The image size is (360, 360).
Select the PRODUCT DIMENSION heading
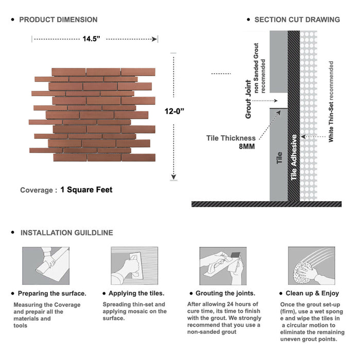coord(58,20)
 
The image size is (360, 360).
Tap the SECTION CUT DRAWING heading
coord(297,20)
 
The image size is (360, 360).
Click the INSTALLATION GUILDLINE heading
coord(66,232)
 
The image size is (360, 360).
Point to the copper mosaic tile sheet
coord(93,114)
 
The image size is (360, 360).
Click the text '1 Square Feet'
coord(86,190)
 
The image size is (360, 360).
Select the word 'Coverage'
coord(36,190)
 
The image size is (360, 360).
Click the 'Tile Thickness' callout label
coord(231,138)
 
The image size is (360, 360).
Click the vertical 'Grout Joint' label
coord(248,99)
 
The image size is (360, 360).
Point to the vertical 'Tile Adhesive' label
coord(294,157)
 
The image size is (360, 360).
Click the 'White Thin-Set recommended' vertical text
coord(331,101)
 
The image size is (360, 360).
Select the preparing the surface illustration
coord(45,265)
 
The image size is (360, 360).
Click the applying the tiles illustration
coord(134,265)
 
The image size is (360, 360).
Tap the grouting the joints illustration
coord(222,265)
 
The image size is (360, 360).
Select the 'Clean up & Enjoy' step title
coord(316,293)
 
